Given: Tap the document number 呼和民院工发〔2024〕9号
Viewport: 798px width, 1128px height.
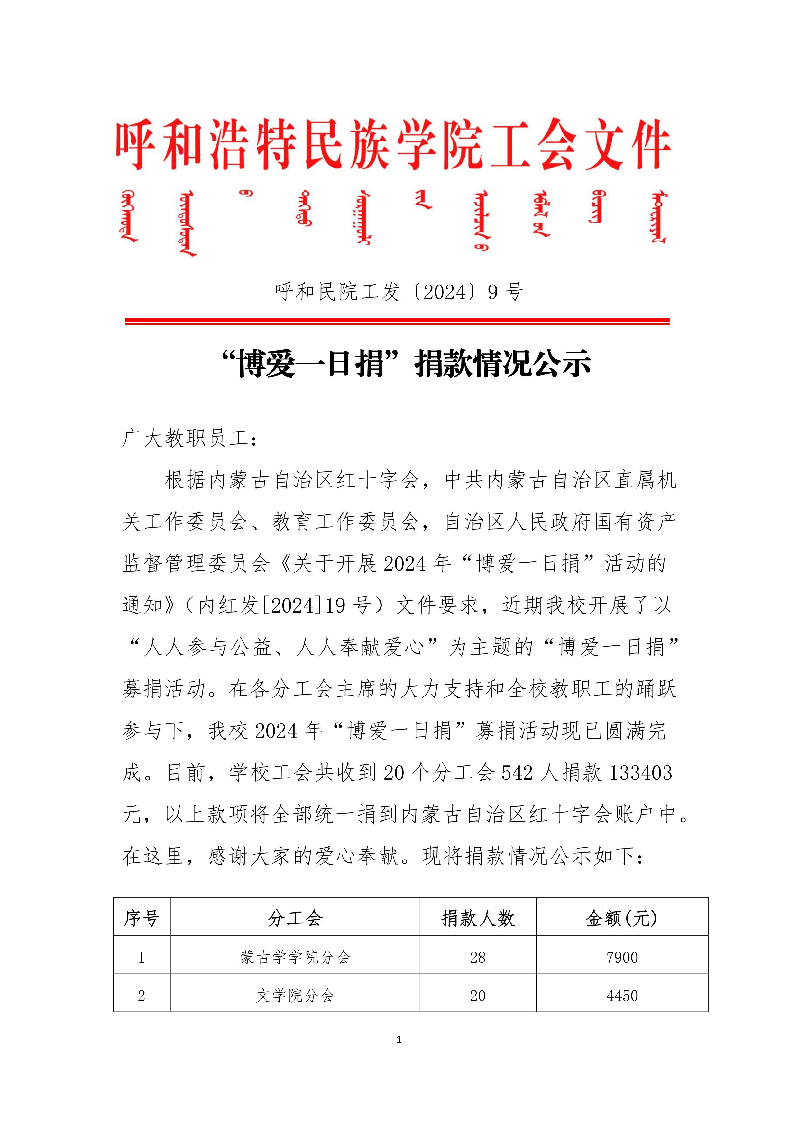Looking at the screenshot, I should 399,292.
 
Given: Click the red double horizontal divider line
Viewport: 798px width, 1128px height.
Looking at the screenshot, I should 397,321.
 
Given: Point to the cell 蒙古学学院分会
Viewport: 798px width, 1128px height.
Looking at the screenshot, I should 295,957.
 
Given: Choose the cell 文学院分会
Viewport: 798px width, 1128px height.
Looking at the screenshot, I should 295,996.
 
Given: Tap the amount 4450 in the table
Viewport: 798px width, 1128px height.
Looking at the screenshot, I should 622,996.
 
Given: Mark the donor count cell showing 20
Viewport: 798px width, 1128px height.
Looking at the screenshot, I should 478,996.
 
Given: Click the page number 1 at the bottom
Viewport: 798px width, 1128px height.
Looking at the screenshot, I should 399,1040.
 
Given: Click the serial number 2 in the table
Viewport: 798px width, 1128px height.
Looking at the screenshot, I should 142,996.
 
